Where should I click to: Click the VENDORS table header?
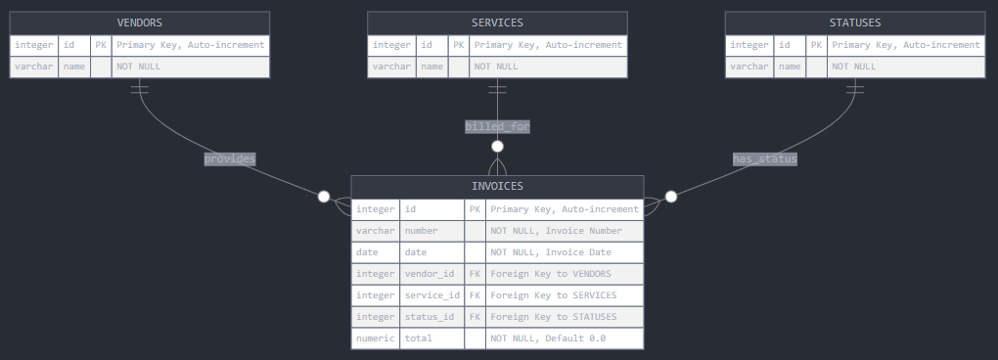(139, 22)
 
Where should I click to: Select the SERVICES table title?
(497, 22)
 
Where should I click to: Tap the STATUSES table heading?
(854, 22)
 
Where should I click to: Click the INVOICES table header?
(497, 186)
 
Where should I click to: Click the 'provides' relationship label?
(230, 158)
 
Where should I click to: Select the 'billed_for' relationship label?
(497, 126)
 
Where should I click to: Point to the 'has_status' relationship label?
(765, 158)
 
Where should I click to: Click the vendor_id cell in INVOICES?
(431, 274)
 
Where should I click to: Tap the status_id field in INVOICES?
(431, 317)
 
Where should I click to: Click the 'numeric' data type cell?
(376, 338)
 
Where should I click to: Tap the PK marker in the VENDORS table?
(101, 45)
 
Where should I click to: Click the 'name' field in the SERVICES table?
(431, 67)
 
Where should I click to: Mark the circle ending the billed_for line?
(497, 147)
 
